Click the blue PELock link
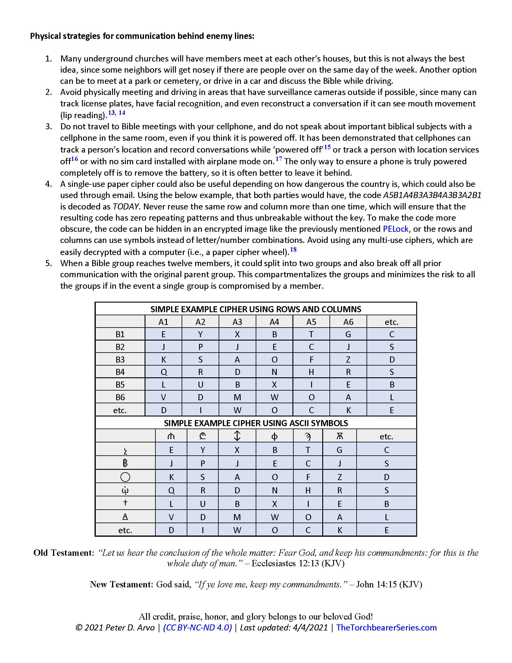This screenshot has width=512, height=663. pos(395,229)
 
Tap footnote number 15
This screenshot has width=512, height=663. pos(327,147)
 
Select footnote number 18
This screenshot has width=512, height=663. pos(293,250)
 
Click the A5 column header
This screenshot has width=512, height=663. pos(311,322)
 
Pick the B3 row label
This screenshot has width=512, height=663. pos(120,360)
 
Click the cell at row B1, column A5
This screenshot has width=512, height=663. pos(311,334)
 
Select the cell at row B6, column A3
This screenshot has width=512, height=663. pos(237,397)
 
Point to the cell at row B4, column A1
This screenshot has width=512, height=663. pos(164,372)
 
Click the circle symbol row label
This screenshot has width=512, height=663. pos(125,477)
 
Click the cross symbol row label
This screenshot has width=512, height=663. pos(125,503)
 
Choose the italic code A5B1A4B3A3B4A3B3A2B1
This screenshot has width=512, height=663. pos(432,195)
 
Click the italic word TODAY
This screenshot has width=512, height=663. pos(126,207)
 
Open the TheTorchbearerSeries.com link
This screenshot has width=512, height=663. pos(386,628)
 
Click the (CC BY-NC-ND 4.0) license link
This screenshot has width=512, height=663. pos(198,628)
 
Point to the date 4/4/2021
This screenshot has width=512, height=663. pos(310,628)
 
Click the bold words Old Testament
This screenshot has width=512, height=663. pos(62,553)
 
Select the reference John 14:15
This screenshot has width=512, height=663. pos(376,584)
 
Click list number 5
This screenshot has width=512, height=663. pos(48,263)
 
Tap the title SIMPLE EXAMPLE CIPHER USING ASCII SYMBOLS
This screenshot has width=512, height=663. pos(256,423)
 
